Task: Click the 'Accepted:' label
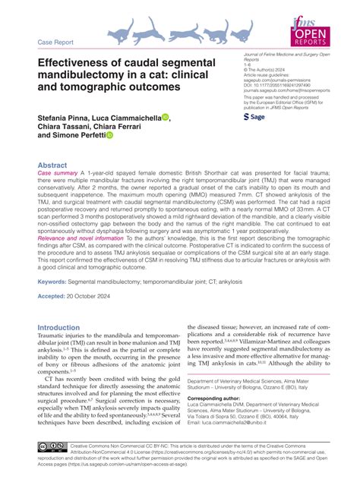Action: pos(53,296)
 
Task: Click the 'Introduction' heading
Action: pos(63,328)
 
